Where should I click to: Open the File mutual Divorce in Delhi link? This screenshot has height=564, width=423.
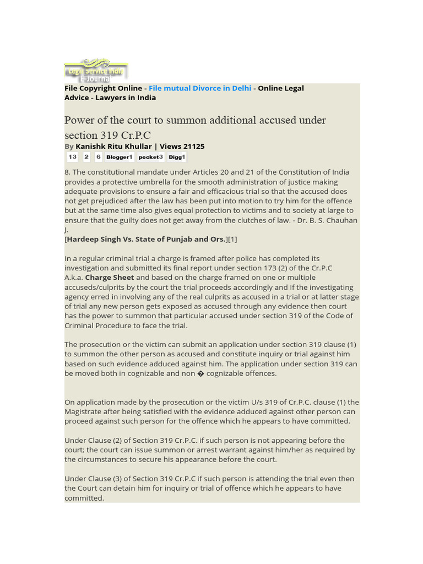coord(200,88)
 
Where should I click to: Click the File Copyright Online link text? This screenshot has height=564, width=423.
coord(103,88)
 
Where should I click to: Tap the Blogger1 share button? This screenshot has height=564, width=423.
coord(120,157)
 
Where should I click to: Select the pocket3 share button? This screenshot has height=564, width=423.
coord(150,157)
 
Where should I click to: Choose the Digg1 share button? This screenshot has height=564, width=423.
coord(177,157)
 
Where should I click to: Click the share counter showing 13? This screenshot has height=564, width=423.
coord(72,157)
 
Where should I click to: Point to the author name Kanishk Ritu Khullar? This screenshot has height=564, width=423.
coord(113,147)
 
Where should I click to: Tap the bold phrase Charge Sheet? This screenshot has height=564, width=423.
coord(110,278)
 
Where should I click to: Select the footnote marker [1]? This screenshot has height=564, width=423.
coord(233,239)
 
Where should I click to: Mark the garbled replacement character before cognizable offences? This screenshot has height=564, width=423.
coord(201,373)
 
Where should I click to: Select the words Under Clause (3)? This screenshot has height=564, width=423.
coord(91,479)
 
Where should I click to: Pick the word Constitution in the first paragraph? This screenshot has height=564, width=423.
coord(301,172)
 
